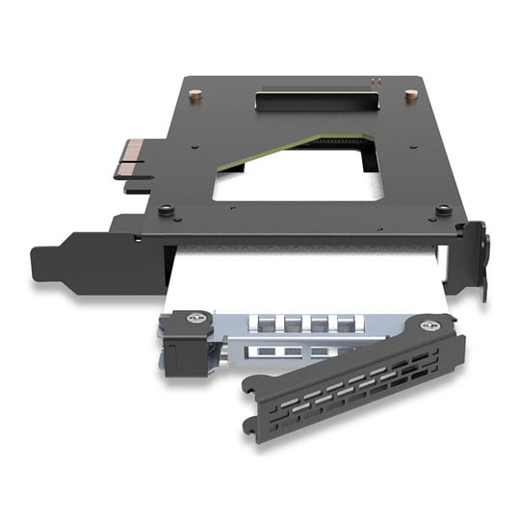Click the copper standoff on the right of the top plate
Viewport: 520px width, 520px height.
point(411,95)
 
